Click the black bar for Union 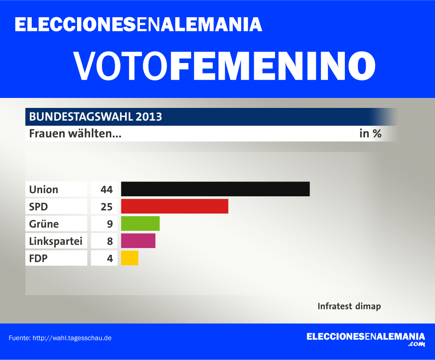click(x=215, y=189)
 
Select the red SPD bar click(x=174, y=206)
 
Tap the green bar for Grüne click(x=140, y=224)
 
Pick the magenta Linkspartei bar click(x=138, y=241)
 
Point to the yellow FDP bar click(x=130, y=258)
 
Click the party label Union click(x=44, y=189)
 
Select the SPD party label click(x=39, y=206)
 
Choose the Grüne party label click(x=44, y=224)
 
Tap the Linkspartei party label click(x=56, y=241)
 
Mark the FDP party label click(x=39, y=258)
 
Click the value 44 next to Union click(x=106, y=189)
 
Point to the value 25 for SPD click(x=106, y=206)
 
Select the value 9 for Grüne click(x=109, y=224)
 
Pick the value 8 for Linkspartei click(x=109, y=241)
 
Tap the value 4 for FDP click(x=109, y=258)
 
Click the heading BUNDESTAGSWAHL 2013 click(x=96, y=117)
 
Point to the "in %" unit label click(x=370, y=134)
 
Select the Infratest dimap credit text click(x=349, y=306)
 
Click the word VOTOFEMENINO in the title click(x=224, y=66)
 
